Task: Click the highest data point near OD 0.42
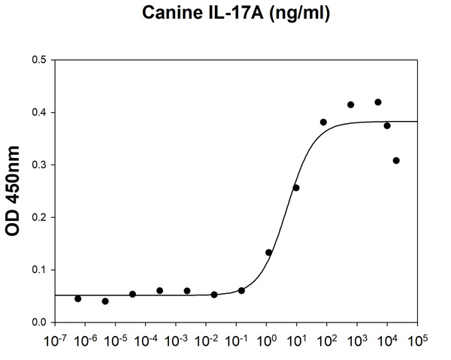pyautogui.click(x=378, y=102)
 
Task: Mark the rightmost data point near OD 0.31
pyautogui.click(x=396, y=161)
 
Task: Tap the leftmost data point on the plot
pyautogui.click(x=78, y=298)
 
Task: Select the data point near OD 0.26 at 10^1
pyautogui.click(x=296, y=187)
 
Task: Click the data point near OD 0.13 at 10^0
pyautogui.click(x=268, y=253)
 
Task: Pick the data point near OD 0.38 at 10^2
pyautogui.click(x=323, y=122)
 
